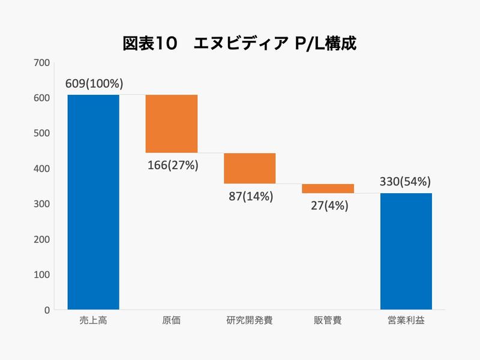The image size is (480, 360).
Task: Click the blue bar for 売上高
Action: tap(93, 202)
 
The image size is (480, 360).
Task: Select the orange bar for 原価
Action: tap(172, 124)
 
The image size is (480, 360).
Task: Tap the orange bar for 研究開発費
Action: tap(250, 168)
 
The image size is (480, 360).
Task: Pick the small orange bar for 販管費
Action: tap(328, 188)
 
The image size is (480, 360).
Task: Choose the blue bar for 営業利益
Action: tap(406, 251)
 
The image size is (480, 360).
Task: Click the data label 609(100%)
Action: tap(94, 84)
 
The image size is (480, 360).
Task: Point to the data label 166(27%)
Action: tap(172, 165)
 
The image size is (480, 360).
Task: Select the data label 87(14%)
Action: tap(250, 196)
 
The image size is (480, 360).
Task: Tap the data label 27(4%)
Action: tap(328, 205)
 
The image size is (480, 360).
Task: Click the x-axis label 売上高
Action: tap(93, 320)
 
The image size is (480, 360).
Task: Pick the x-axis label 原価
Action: tap(172, 320)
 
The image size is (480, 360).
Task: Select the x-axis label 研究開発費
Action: tap(250, 320)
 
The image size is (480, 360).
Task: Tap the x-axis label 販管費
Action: tap(328, 320)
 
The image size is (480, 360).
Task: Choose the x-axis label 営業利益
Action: tap(406, 320)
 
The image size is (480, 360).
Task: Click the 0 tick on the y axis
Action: tap(46, 310)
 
